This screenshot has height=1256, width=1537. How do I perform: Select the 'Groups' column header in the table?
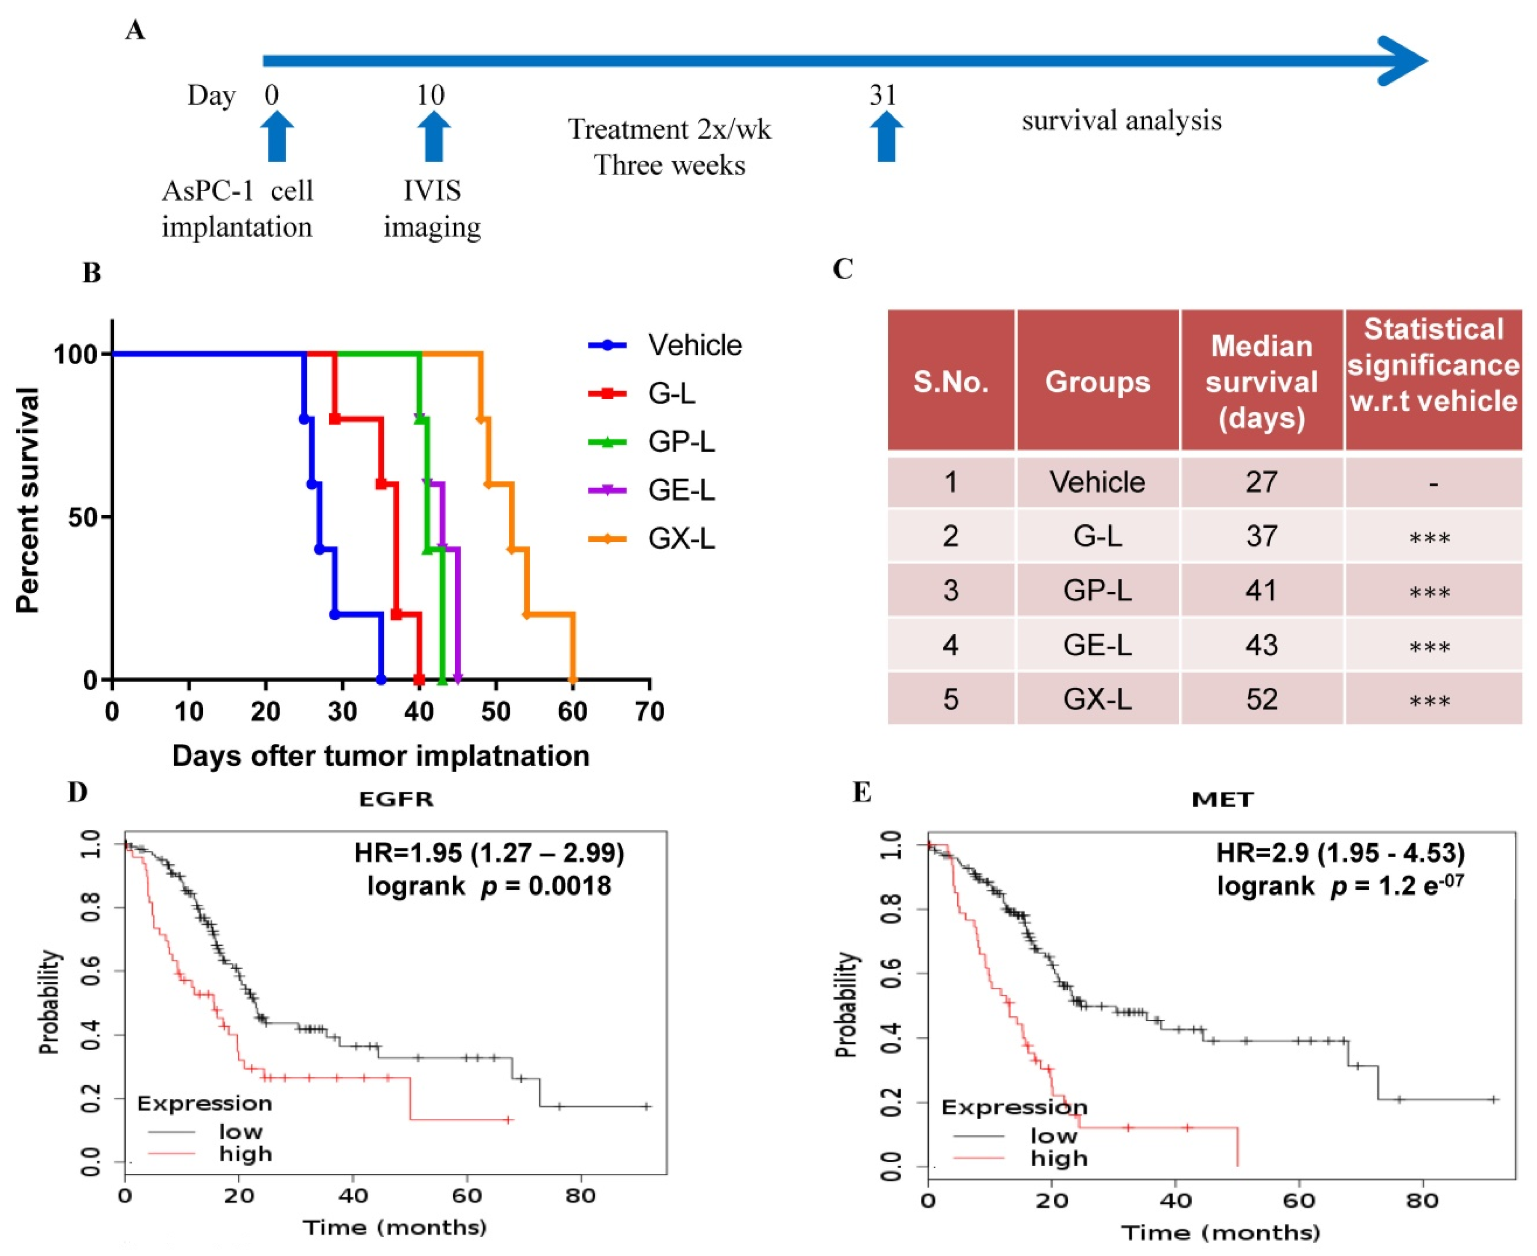1097,381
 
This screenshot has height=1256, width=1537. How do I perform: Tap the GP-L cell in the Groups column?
1097,591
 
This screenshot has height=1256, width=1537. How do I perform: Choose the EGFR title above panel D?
396,799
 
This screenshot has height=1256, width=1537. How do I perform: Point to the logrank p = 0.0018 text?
489,885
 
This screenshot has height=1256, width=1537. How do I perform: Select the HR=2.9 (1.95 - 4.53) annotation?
1340,853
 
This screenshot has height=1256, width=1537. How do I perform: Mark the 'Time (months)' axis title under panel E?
1220,1232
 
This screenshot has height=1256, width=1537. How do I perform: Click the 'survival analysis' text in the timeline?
1121,120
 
